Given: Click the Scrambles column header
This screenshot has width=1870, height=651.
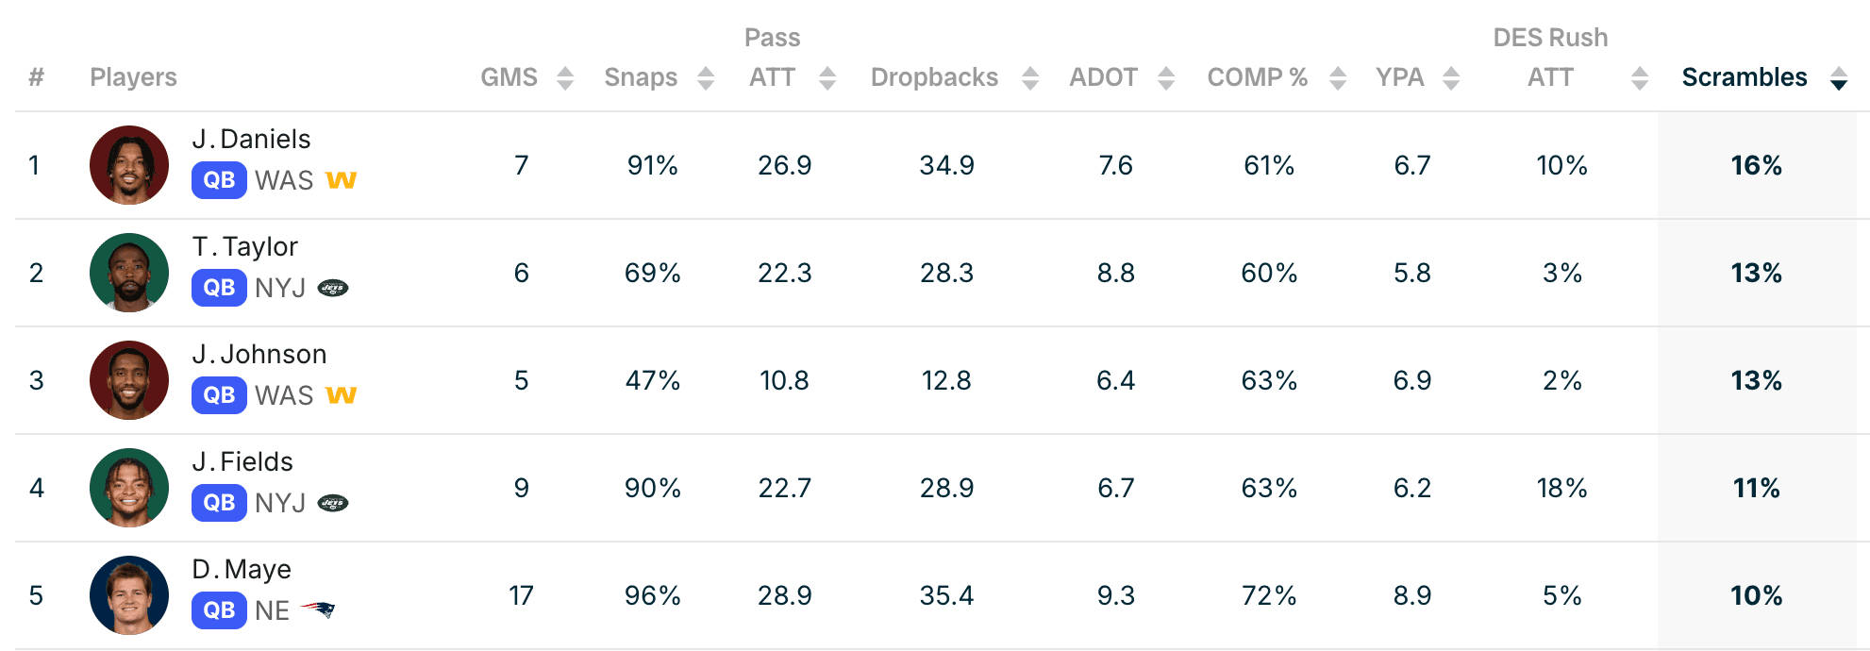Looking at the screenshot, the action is (1744, 77).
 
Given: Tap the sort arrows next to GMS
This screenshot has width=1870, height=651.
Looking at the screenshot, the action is (565, 78).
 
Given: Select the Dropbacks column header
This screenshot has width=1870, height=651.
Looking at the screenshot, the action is (934, 77).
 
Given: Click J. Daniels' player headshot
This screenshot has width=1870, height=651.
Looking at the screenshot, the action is (129, 165).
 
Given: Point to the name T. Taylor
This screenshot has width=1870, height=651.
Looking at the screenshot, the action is (245, 246).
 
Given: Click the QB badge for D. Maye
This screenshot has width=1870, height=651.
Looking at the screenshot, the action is (219, 610).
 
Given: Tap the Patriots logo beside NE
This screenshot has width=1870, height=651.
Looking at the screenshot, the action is (318, 609).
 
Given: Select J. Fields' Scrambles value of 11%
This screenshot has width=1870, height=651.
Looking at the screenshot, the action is (1756, 488).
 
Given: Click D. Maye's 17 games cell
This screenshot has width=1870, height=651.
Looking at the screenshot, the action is (521, 595).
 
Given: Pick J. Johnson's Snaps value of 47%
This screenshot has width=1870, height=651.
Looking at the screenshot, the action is (652, 380).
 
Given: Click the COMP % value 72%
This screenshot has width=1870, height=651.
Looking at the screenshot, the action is (1269, 595).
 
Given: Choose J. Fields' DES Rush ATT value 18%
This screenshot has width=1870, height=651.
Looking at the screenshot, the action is (1561, 488).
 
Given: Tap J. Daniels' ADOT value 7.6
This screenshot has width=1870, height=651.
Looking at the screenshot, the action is (1115, 165).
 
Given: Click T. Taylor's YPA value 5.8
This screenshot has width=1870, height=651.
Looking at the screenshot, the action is (1412, 273).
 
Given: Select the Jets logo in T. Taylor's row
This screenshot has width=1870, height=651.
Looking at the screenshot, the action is (333, 288).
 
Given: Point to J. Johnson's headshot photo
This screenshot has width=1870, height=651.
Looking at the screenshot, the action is (129, 380).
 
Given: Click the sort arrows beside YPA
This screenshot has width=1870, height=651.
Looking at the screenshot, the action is (1451, 78).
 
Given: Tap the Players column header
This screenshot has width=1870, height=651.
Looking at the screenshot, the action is (133, 77).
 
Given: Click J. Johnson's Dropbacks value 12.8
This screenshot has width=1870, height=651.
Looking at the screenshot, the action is (946, 380).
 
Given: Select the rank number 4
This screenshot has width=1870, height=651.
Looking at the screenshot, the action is (37, 488).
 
